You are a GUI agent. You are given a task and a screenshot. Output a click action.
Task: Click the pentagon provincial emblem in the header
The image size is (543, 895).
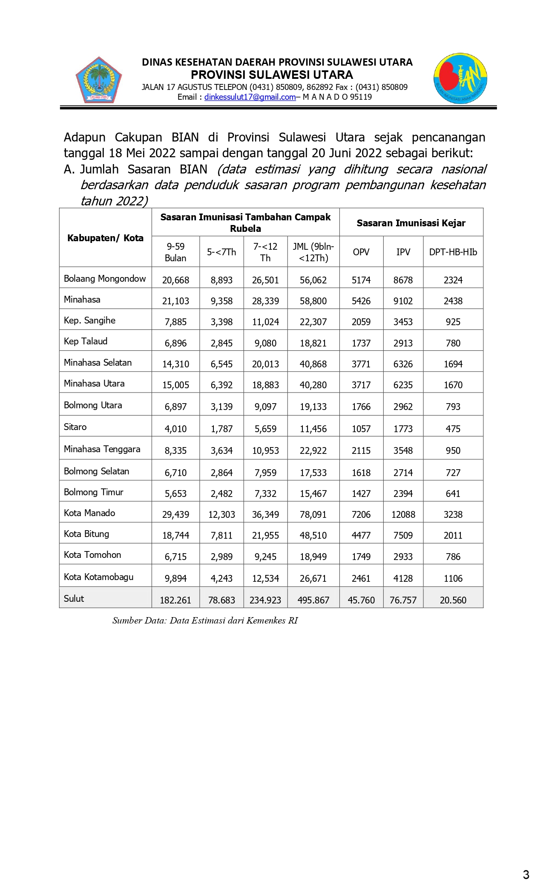(x=99, y=80)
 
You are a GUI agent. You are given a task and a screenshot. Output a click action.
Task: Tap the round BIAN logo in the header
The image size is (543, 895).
(x=460, y=79)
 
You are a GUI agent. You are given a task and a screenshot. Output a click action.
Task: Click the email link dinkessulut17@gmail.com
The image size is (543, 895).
(x=250, y=97)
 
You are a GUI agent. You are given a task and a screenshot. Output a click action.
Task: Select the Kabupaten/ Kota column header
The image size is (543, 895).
(x=105, y=238)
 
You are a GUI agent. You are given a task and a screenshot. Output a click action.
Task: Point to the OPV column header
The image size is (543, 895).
(x=361, y=252)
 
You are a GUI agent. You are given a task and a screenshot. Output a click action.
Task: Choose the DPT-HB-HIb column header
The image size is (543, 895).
(x=453, y=252)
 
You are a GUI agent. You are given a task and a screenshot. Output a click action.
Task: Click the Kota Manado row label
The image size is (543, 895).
(x=89, y=513)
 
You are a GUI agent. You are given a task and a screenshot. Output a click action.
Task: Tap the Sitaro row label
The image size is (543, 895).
(x=75, y=427)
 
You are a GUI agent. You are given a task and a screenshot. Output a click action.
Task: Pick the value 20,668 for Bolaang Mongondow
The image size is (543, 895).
(x=175, y=280)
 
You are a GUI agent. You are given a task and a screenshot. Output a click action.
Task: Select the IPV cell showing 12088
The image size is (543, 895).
(x=403, y=514)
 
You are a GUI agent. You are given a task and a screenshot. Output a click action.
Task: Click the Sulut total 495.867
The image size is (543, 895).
(x=313, y=600)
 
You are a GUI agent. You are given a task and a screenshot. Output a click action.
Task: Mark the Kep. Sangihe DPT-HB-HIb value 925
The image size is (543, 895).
(x=453, y=322)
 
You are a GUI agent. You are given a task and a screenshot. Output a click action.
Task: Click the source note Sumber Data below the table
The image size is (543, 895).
(x=205, y=621)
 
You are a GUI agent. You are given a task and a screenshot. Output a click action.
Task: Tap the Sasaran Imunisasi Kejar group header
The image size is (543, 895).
(x=411, y=223)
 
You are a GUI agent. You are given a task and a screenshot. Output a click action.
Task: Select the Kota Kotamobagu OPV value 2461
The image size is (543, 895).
(x=361, y=578)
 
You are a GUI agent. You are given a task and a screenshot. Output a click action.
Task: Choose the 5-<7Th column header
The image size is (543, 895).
(x=221, y=252)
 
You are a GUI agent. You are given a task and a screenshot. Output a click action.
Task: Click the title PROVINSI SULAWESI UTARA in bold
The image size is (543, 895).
(x=272, y=75)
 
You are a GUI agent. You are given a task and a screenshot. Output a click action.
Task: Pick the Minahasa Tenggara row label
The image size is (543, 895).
(x=102, y=449)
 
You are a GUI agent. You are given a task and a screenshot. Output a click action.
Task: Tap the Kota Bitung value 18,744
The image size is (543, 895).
(x=175, y=535)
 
